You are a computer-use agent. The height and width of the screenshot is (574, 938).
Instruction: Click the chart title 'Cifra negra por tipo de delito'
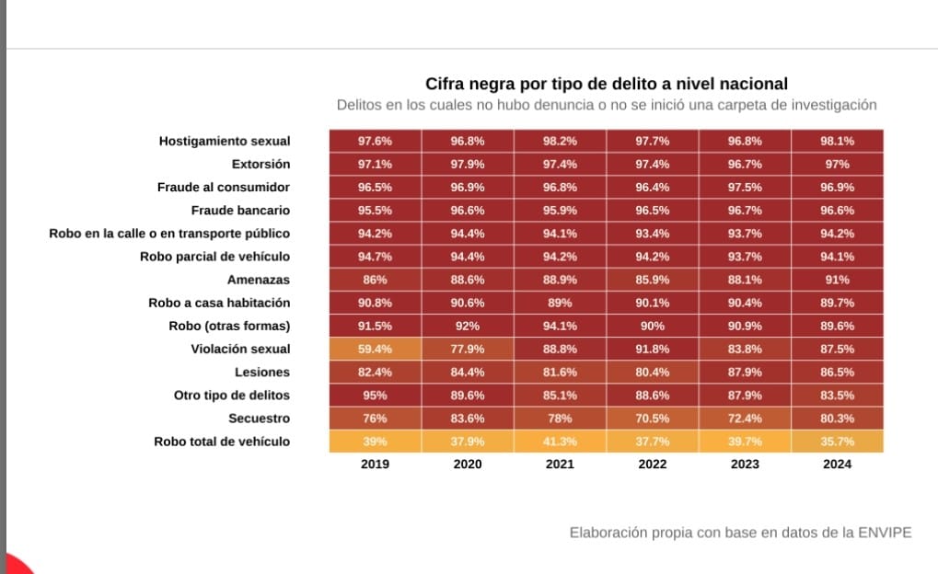[606, 83]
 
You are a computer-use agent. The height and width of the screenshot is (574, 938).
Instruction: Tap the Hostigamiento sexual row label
[224, 141]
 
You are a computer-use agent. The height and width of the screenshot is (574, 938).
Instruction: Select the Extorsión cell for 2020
[468, 164]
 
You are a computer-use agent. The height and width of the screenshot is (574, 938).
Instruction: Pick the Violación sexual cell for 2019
[375, 349]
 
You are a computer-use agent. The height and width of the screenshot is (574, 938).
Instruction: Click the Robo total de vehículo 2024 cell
[837, 442]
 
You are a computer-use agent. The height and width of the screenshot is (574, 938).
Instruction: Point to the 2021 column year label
[560, 465]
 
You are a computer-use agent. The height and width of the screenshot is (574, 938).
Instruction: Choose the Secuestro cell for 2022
[652, 419]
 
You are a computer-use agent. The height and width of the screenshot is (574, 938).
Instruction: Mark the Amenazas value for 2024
[837, 280]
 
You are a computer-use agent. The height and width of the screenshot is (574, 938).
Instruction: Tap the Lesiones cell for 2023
[745, 372]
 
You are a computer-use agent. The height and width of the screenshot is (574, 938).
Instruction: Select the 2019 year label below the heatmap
[375, 465]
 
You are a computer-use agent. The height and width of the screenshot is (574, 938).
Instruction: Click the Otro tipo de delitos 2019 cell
[375, 396]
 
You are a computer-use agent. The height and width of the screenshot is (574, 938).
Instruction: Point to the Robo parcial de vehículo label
[214, 257]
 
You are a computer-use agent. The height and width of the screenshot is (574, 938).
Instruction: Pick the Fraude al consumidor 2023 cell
[745, 187]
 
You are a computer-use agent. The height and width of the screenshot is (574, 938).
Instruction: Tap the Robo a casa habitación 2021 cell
[560, 303]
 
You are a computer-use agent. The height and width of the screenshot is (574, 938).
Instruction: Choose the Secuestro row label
[259, 419]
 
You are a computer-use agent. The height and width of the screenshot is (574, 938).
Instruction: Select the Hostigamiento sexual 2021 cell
[560, 141]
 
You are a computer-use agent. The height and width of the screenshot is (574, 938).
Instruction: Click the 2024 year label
[837, 465]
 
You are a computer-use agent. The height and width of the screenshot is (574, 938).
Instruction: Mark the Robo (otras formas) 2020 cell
[468, 326]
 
